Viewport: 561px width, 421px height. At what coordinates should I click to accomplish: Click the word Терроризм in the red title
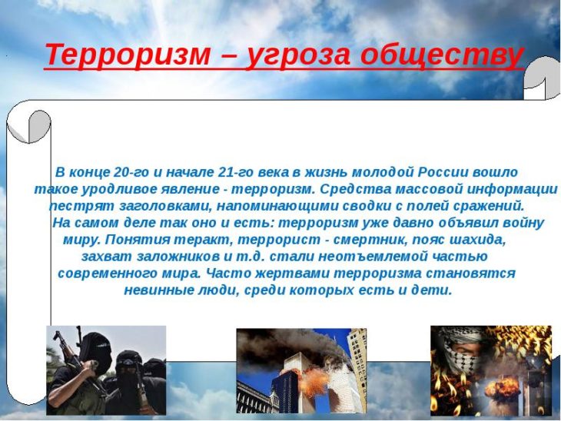tap(128, 55)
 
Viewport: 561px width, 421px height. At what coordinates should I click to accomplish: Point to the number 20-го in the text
tap(131, 172)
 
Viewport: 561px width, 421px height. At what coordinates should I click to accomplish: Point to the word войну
tap(523, 223)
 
